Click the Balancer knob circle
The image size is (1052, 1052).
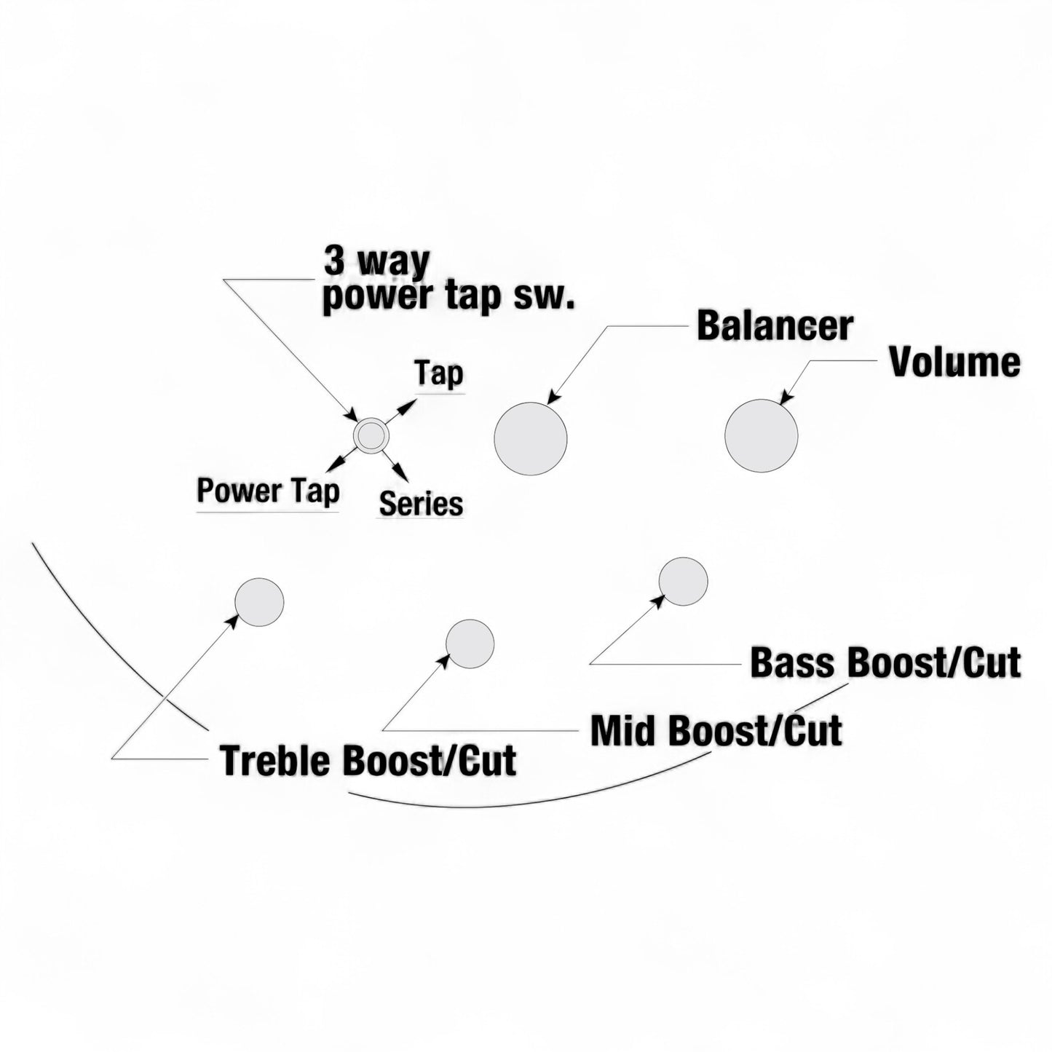pyautogui.click(x=530, y=438)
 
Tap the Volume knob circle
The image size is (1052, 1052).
pyautogui.click(x=761, y=435)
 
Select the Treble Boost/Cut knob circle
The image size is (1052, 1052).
pyautogui.click(x=259, y=602)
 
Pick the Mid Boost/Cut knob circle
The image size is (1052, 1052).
pyautogui.click(x=470, y=644)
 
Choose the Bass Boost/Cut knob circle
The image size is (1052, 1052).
pyautogui.click(x=683, y=581)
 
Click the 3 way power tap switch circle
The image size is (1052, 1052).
pyautogui.click(x=371, y=435)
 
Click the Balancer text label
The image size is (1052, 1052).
pyautogui.click(x=775, y=325)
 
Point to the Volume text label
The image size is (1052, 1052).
pyautogui.click(x=954, y=362)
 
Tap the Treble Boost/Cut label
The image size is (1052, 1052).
pyautogui.click(x=368, y=760)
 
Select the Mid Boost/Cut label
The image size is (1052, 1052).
pyautogui.click(x=716, y=730)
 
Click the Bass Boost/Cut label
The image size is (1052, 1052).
pyautogui.click(x=885, y=663)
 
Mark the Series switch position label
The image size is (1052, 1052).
pyautogui.click(x=421, y=504)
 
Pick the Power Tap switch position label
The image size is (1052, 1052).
pyautogui.click(x=268, y=491)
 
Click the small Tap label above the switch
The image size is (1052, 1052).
pyautogui.click(x=438, y=374)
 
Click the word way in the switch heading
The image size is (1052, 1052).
pyautogui.click(x=397, y=262)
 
